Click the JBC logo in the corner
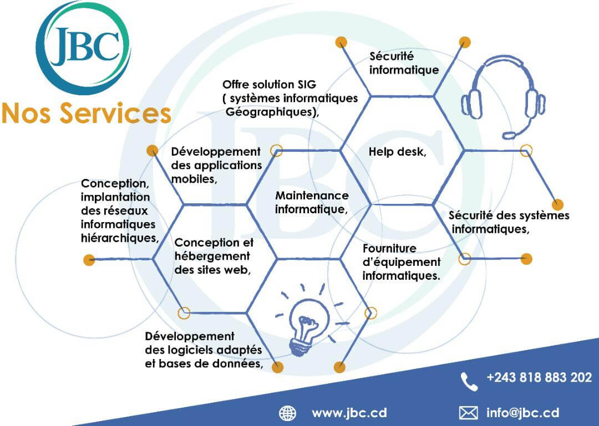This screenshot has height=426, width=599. click(83, 47)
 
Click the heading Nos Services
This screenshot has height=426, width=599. click(87, 114)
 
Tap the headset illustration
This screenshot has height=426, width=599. click(502, 97)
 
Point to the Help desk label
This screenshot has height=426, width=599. click(397, 152)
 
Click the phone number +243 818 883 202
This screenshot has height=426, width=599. click(539, 377)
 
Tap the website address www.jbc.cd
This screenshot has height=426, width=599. click(349, 413)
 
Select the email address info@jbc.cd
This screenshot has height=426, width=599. click(522, 413)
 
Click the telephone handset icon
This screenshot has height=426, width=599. click(469, 382)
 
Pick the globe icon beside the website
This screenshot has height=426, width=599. click(288, 413)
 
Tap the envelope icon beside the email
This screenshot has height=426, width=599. click(468, 413)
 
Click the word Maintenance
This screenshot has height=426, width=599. click(312, 196)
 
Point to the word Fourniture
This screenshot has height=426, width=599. click(389, 249)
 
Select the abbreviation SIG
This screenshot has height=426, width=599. click(307, 84)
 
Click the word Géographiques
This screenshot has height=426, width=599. click(271, 112)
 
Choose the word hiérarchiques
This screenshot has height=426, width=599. click(119, 238)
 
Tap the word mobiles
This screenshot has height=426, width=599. click(193, 179)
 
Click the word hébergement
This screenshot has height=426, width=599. click(212, 256)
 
